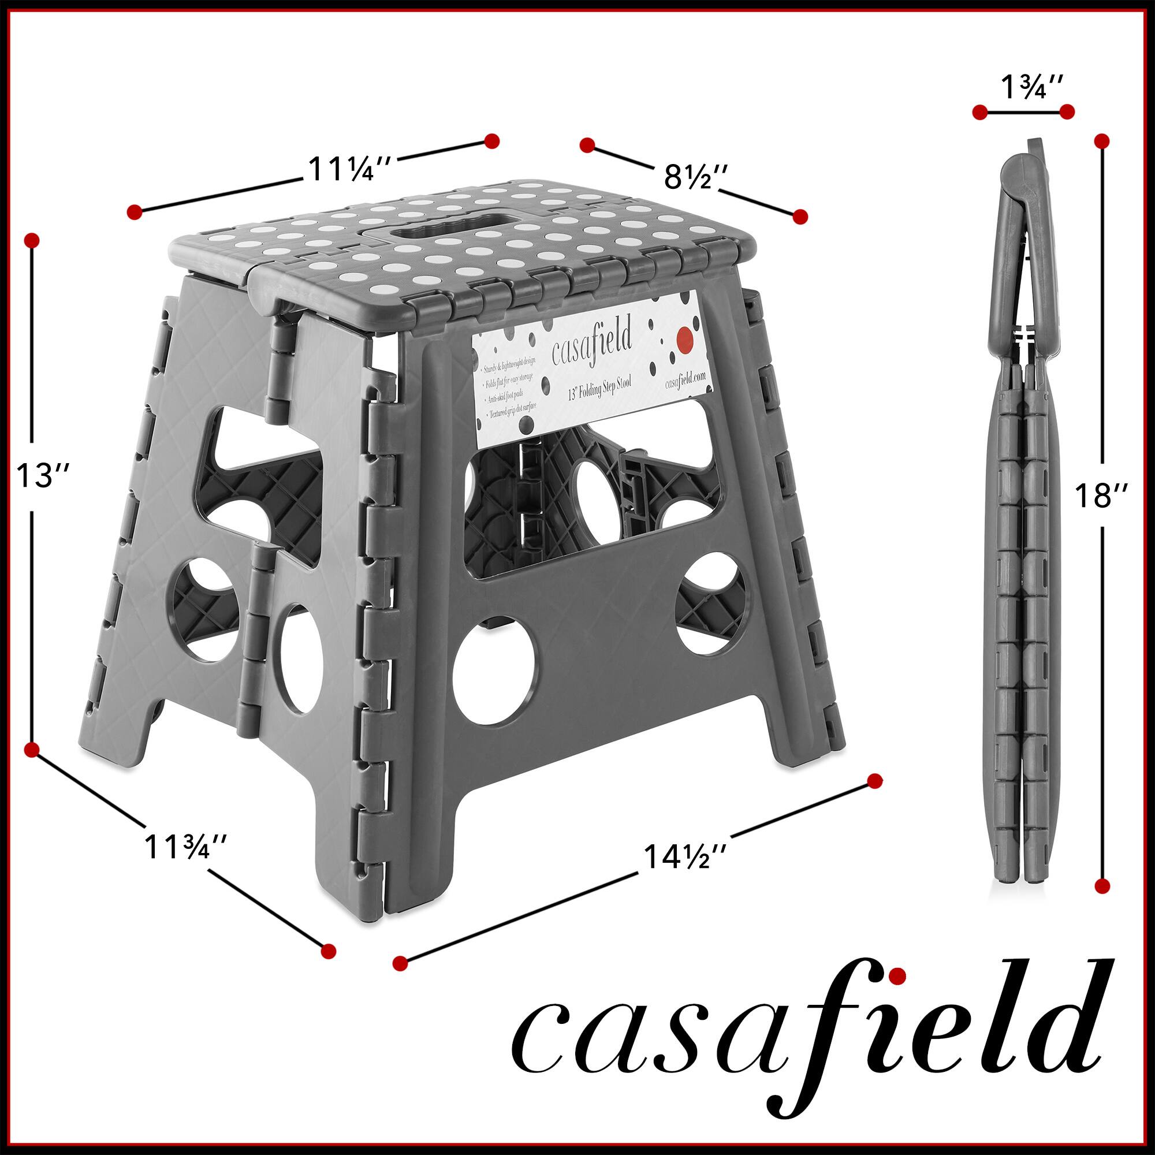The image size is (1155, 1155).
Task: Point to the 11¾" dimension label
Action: pos(185,848)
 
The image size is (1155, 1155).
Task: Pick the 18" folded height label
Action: pos(1100,495)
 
